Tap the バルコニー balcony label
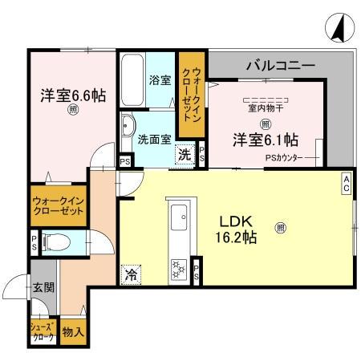tap(280, 63)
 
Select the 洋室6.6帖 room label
tap(73, 95)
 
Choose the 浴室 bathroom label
tap(160, 79)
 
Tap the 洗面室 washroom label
tap(154, 138)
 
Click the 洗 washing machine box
tap(185, 154)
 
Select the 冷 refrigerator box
tap(131, 274)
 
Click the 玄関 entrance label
tap(43, 288)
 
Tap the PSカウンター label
tap(283, 157)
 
